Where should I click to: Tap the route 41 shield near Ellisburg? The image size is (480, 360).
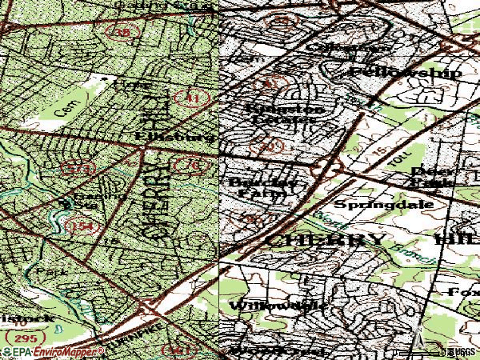[x=195, y=98]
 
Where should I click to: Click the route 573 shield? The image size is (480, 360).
[x=78, y=169]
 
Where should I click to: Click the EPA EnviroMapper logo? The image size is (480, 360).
[x=52, y=352]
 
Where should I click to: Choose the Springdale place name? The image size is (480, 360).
[x=383, y=204]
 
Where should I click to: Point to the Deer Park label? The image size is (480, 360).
[x=432, y=176]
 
